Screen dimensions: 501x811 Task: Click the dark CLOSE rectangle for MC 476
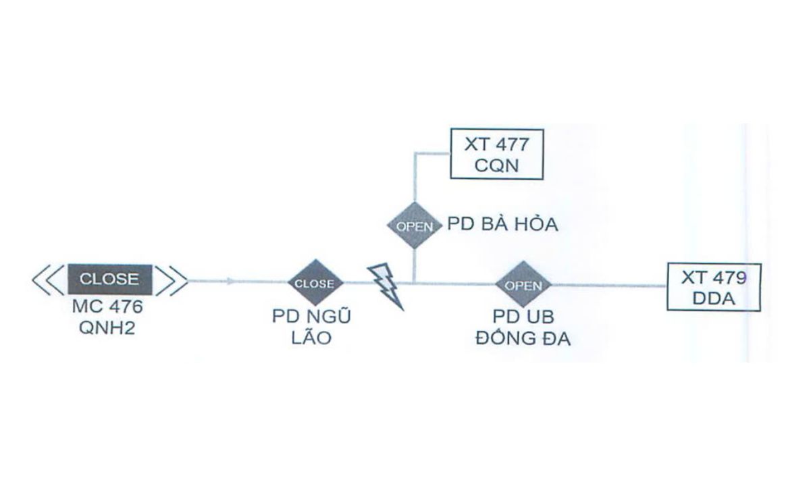pyautogui.click(x=109, y=280)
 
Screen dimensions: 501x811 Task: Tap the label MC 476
pyautogui.click(x=108, y=307)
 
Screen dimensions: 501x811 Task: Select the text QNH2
pyautogui.click(x=108, y=329)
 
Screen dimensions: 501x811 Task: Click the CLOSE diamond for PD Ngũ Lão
pyautogui.click(x=315, y=284)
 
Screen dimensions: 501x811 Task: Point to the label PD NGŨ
pyautogui.click(x=311, y=317)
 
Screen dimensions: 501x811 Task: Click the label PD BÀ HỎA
pyautogui.click(x=502, y=225)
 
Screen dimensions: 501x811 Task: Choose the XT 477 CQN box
pyautogui.click(x=496, y=153)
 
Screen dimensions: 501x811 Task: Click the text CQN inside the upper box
pyautogui.click(x=496, y=164)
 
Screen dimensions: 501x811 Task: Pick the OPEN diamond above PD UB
pyautogui.click(x=523, y=286)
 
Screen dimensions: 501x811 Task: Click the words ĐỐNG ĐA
pyautogui.click(x=523, y=338)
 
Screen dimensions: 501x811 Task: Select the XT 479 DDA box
pyautogui.click(x=713, y=287)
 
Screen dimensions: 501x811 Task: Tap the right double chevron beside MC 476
pyautogui.click(x=172, y=280)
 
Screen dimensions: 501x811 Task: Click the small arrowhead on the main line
pyautogui.click(x=232, y=281)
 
